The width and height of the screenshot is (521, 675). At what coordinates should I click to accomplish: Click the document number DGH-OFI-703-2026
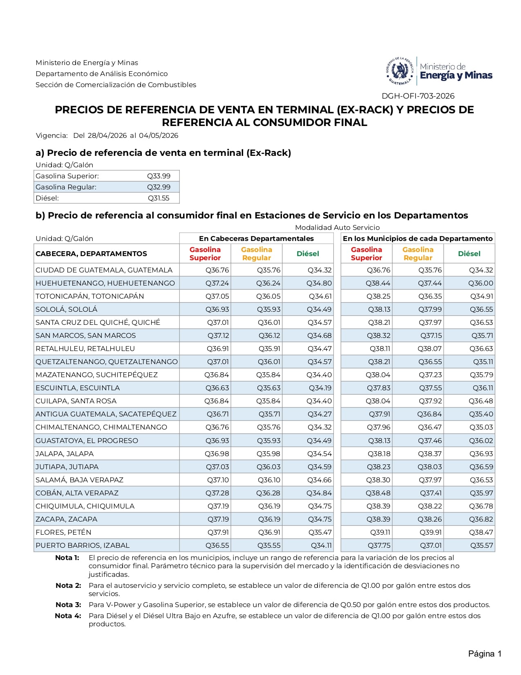click(x=418, y=96)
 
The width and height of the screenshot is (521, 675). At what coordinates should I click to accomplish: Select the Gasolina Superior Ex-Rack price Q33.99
click(x=159, y=176)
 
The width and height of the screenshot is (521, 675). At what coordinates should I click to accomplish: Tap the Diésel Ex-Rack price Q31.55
click(x=159, y=198)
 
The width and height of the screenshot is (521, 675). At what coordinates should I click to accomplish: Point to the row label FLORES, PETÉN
click(x=63, y=532)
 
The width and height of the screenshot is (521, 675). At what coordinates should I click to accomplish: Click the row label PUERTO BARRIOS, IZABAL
click(x=82, y=545)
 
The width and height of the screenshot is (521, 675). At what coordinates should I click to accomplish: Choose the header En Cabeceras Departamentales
click(x=256, y=239)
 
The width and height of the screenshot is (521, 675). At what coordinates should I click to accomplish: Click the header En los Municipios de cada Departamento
click(x=418, y=239)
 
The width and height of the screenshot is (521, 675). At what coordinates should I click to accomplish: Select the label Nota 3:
click(x=68, y=605)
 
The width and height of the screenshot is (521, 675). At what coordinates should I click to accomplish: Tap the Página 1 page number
click(x=485, y=654)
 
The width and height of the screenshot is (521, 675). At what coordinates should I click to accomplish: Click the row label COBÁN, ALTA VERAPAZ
click(x=77, y=493)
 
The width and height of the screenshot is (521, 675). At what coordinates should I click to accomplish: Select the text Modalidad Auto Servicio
click(x=337, y=227)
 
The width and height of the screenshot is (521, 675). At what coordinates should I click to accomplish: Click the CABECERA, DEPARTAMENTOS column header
click(x=91, y=254)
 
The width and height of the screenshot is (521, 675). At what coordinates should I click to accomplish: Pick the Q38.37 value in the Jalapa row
click(x=429, y=454)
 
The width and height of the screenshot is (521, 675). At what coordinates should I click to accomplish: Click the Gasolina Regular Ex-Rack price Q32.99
click(x=159, y=187)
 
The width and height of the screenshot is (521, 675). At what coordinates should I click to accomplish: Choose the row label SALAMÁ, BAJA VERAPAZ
click(x=79, y=480)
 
